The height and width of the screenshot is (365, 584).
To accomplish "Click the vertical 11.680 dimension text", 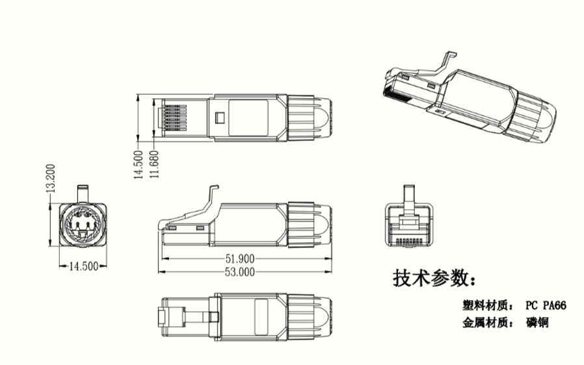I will click(154, 164).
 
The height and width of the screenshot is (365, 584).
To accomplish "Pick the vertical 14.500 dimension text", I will click(139, 164).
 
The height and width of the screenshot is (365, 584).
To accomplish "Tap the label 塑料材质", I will click(484, 305).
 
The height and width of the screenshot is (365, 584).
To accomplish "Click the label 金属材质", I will click(484, 322).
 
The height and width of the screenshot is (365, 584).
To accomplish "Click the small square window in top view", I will click(219, 118).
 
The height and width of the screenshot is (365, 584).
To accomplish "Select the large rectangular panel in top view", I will click(248, 118).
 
